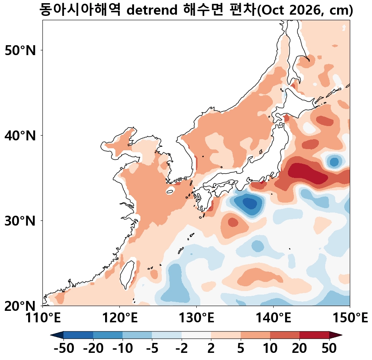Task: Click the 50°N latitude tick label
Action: tap(20, 50)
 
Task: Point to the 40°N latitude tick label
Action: tap(20, 136)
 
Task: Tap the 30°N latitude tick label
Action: tap(20, 221)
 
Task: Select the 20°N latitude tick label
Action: tap(20, 306)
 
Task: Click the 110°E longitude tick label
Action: tap(43, 318)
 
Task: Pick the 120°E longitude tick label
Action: tap(120, 318)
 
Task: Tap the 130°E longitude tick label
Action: tap(196, 318)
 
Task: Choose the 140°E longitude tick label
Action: tap(273, 318)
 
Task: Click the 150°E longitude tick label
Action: tap(350, 318)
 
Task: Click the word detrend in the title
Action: tap(152, 10)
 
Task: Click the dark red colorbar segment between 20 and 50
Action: tap(314, 335)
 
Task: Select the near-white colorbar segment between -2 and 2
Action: tap(196, 335)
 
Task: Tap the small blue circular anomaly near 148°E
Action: tap(334, 162)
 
